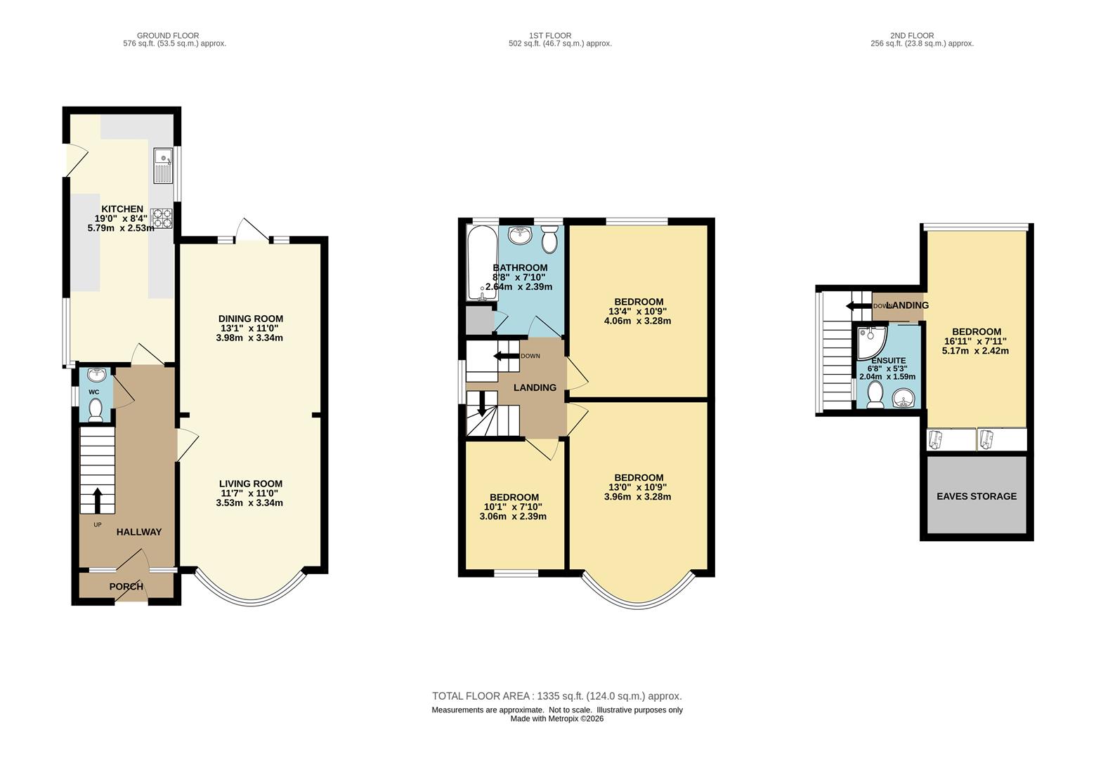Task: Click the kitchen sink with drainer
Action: point(164,165)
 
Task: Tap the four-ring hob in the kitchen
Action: point(162,218)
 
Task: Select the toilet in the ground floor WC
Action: point(95,410)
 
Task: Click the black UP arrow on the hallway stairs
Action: point(98,500)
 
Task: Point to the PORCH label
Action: point(126,586)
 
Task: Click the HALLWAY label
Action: point(139,532)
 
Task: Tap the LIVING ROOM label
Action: point(251,484)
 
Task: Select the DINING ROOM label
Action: point(251,319)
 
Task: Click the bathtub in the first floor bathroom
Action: point(481,262)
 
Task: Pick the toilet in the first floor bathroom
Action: point(550,239)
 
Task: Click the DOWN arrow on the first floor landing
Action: point(506,356)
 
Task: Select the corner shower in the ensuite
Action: point(871,342)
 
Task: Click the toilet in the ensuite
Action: point(875,394)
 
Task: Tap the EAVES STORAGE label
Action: point(977,496)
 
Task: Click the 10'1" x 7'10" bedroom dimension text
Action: point(514,507)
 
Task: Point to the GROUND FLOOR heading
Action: point(168,36)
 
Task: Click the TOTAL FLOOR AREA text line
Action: point(557,696)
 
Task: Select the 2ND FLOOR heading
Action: point(912,36)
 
